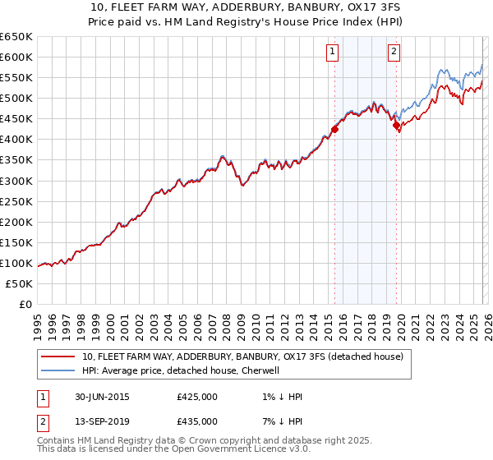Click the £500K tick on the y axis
pyautogui.click(x=16, y=98)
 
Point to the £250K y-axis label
pyautogui.click(x=16, y=201)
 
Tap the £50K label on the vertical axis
pyautogui.click(x=20, y=283)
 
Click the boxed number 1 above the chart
pyautogui.click(x=333, y=52)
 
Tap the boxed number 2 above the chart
pyautogui.click(x=394, y=52)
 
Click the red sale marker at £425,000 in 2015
pyautogui.click(x=335, y=129)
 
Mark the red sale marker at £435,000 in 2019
pyautogui.click(x=396, y=125)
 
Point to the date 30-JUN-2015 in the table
pyautogui.click(x=102, y=397)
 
